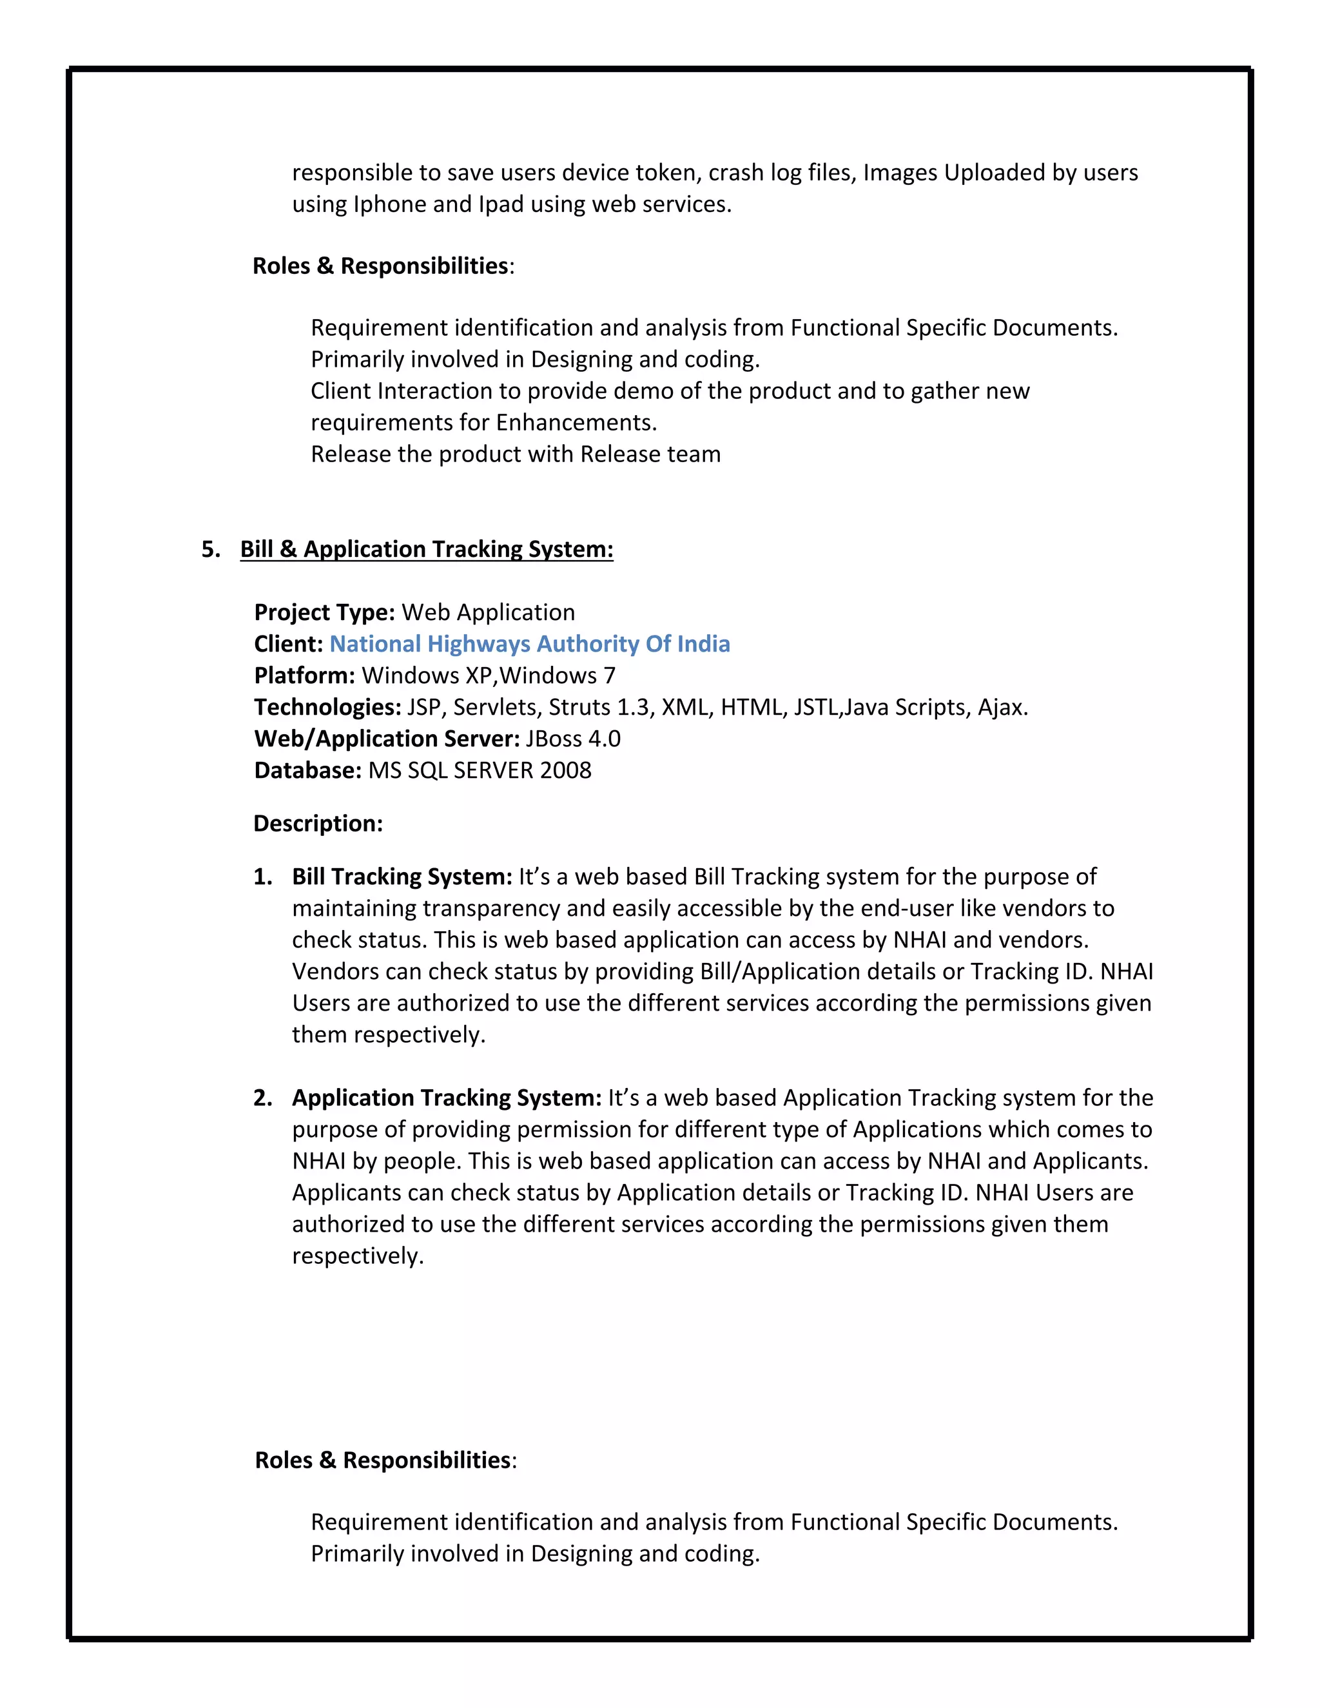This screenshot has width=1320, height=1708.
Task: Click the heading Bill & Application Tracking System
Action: (x=426, y=549)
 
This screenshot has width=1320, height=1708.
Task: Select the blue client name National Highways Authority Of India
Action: (x=529, y=644)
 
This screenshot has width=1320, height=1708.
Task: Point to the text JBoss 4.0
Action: (x=573, y=739)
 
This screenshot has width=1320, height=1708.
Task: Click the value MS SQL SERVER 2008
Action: (x=480, y=770)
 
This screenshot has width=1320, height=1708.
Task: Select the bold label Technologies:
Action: (x=327, y=707)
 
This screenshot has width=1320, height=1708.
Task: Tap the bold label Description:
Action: (x=318, y=824)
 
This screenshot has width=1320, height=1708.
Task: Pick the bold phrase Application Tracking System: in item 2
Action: (x=447, y=1098)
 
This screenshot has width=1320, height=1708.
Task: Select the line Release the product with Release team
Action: (x=516, y=454)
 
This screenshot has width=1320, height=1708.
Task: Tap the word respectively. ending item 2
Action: (x=357, y=1256)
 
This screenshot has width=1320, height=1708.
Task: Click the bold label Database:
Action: (x=307, y=770)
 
